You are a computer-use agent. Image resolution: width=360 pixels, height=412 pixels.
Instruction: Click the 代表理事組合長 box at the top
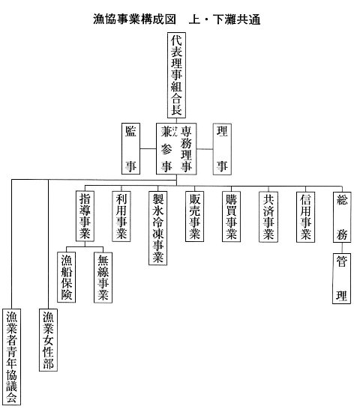pyautogui.click(x=176, y=75)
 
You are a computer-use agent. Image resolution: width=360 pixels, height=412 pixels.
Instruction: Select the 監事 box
pyautogui.click(x=130, y=148)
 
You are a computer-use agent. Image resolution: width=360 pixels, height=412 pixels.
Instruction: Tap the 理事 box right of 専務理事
pyautogui.click(x=222, y=149)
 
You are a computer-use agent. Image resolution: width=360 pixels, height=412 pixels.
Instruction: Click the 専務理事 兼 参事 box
pyautogui.click(x=176, y=149)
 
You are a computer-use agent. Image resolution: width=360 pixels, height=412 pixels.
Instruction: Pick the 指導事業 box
pyautogui.click(x=85, y=216)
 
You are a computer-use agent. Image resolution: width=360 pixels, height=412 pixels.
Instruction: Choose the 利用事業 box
pyautogui.click(x=121, y=216)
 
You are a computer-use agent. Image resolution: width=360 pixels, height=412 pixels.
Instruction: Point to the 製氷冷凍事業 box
pyautogui.click(x=158, y=228)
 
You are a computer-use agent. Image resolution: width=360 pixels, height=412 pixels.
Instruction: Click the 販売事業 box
pyautogui.click(x=195, y=216)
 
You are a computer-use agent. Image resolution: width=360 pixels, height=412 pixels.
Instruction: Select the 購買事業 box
pyautogui.click(x=231, y=216)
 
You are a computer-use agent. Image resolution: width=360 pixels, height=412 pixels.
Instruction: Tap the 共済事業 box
pyautogui.click(x=268, y=216)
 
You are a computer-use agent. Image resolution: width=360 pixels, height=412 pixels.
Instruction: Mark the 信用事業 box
pyautogui.click(x=305, y=216)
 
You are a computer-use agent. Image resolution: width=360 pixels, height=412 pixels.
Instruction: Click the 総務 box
pyautogui.click(x=342, y=217)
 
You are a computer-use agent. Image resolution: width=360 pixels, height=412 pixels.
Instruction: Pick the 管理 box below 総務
pyautogui.click(x=341, y=279)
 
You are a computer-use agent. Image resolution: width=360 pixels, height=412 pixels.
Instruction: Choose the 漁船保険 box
pyautogui.click(x=66, y=277)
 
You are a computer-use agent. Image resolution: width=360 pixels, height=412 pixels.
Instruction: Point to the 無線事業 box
pyautogui.click(x=103, y=277)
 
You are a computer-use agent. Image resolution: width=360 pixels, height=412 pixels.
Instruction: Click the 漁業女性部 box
pyautogui.click(x=48, y=340)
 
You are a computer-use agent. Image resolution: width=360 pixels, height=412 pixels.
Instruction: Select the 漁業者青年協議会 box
pyautogui.click(x=11, y=357)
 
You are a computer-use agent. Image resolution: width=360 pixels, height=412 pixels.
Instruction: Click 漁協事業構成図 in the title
pyautogui.click(x=134, y=19)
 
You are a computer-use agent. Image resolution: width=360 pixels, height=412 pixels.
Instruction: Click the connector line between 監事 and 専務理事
pyautogui.click(x=148, y=149)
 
